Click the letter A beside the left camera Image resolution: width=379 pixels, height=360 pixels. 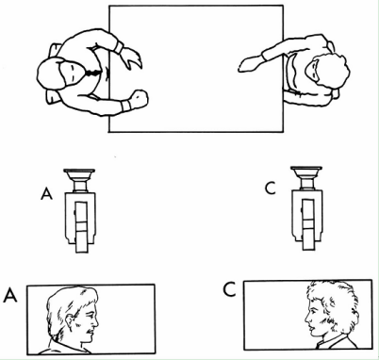click(46, 194)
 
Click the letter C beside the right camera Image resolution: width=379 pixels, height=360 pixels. click(271, 188)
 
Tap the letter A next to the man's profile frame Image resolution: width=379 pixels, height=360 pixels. click(10, 296)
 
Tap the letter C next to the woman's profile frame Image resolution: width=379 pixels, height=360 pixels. click(229, 290)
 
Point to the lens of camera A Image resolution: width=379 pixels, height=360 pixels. click(79, 180)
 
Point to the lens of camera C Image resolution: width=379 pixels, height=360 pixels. click(306, 178)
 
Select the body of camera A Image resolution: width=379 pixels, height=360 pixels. click(80, 222)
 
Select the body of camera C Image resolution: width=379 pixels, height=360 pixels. click(307, 220)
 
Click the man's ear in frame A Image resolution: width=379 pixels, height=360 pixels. click(71, 320)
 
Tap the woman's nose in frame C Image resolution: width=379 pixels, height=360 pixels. click(307, 319)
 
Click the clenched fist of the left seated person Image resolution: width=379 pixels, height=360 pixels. click(139, 98)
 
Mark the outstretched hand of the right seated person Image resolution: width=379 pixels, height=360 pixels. click(251, 63)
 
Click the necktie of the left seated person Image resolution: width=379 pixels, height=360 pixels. click(92, 74)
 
